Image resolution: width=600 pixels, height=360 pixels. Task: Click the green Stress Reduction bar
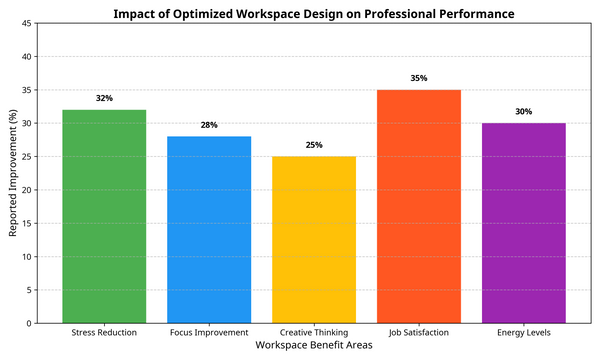pos(104,216)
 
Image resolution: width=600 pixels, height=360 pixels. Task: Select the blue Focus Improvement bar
pos(209,229)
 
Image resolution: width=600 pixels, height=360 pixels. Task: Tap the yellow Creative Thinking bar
pos(314,239)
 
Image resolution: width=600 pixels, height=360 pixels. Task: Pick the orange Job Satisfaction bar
pos(419,206)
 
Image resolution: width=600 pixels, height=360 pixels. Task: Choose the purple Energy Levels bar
pos(524,223)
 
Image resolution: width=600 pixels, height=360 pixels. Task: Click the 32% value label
pos(104,99)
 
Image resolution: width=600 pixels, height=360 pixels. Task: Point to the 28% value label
pos(209,125)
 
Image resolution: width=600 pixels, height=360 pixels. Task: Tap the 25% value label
pos(314,145)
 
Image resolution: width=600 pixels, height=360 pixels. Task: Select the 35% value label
pos(419,78)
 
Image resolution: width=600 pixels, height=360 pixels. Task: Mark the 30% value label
pos(524,112)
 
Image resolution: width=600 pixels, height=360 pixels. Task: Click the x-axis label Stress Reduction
pos(104,332)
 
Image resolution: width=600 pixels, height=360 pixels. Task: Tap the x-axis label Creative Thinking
pos(314,332)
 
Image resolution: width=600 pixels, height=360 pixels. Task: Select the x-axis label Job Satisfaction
pos(419,332)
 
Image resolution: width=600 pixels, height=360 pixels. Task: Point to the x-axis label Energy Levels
pos(524,332)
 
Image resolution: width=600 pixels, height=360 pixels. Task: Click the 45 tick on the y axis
pos(27,23)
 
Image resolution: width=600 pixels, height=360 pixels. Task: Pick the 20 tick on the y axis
pos(27,190)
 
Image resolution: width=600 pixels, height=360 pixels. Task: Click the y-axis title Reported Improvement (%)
pos(13,173)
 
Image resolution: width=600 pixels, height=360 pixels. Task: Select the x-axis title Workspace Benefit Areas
pos(314,346)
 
